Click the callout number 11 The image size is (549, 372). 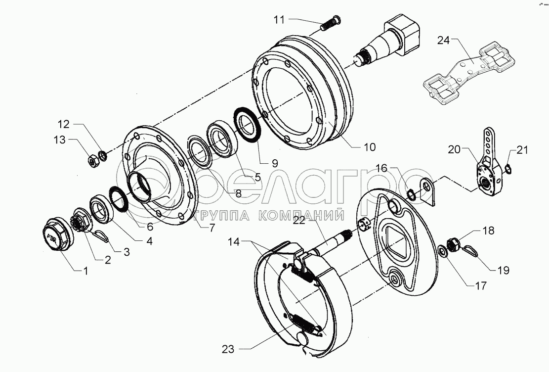click(x=279, y=20)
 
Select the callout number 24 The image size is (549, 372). click(x=443, y=41)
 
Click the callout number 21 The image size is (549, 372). click(x=522, y=150)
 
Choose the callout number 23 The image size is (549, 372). click(x=228, y=349)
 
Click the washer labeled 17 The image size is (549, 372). click(x=443, y=251)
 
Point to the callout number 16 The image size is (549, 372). click(x=382, y=168)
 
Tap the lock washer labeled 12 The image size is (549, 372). click(x=103, y=155)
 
